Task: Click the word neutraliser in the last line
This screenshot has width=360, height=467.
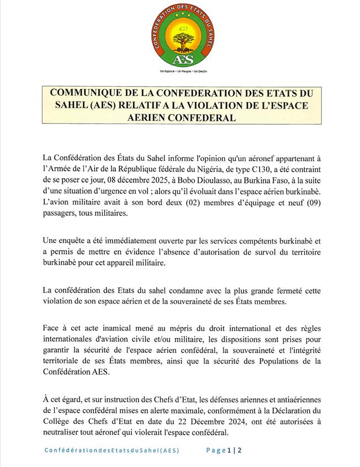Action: coord(67,433)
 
